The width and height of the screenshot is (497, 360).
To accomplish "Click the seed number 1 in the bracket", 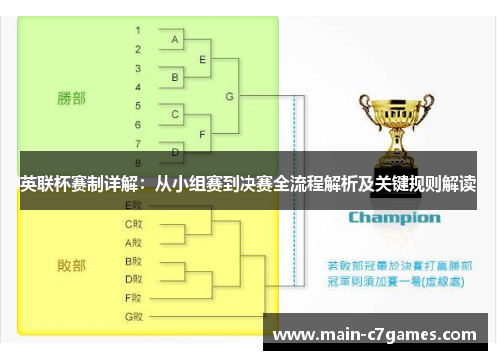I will (137, 29).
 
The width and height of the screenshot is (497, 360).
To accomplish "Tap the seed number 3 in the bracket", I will (137, 67).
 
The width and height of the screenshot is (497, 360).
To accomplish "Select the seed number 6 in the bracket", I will (137, 124).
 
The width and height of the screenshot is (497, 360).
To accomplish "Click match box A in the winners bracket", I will (176, 39).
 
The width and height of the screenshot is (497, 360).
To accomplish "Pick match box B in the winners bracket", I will (176, 77).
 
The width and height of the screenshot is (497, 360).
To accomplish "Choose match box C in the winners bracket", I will (176, 115).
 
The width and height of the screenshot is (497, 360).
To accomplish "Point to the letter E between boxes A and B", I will (203, 59).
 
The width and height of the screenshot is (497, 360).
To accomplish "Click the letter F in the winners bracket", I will (203, 134).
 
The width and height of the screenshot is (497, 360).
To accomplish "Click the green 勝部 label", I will (71, 98).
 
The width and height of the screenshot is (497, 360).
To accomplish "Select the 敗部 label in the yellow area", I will (71, 266).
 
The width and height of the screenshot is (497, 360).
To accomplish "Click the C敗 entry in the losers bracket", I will (134, 224).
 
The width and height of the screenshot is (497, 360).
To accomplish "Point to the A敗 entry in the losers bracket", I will (134, 242).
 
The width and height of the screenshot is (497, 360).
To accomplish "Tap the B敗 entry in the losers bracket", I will (134, 261).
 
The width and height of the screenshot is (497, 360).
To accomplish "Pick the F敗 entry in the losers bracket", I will (134, 297).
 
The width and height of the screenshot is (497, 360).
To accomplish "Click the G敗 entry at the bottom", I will (134, 316).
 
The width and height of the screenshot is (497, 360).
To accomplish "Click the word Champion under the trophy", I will (394, 216).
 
